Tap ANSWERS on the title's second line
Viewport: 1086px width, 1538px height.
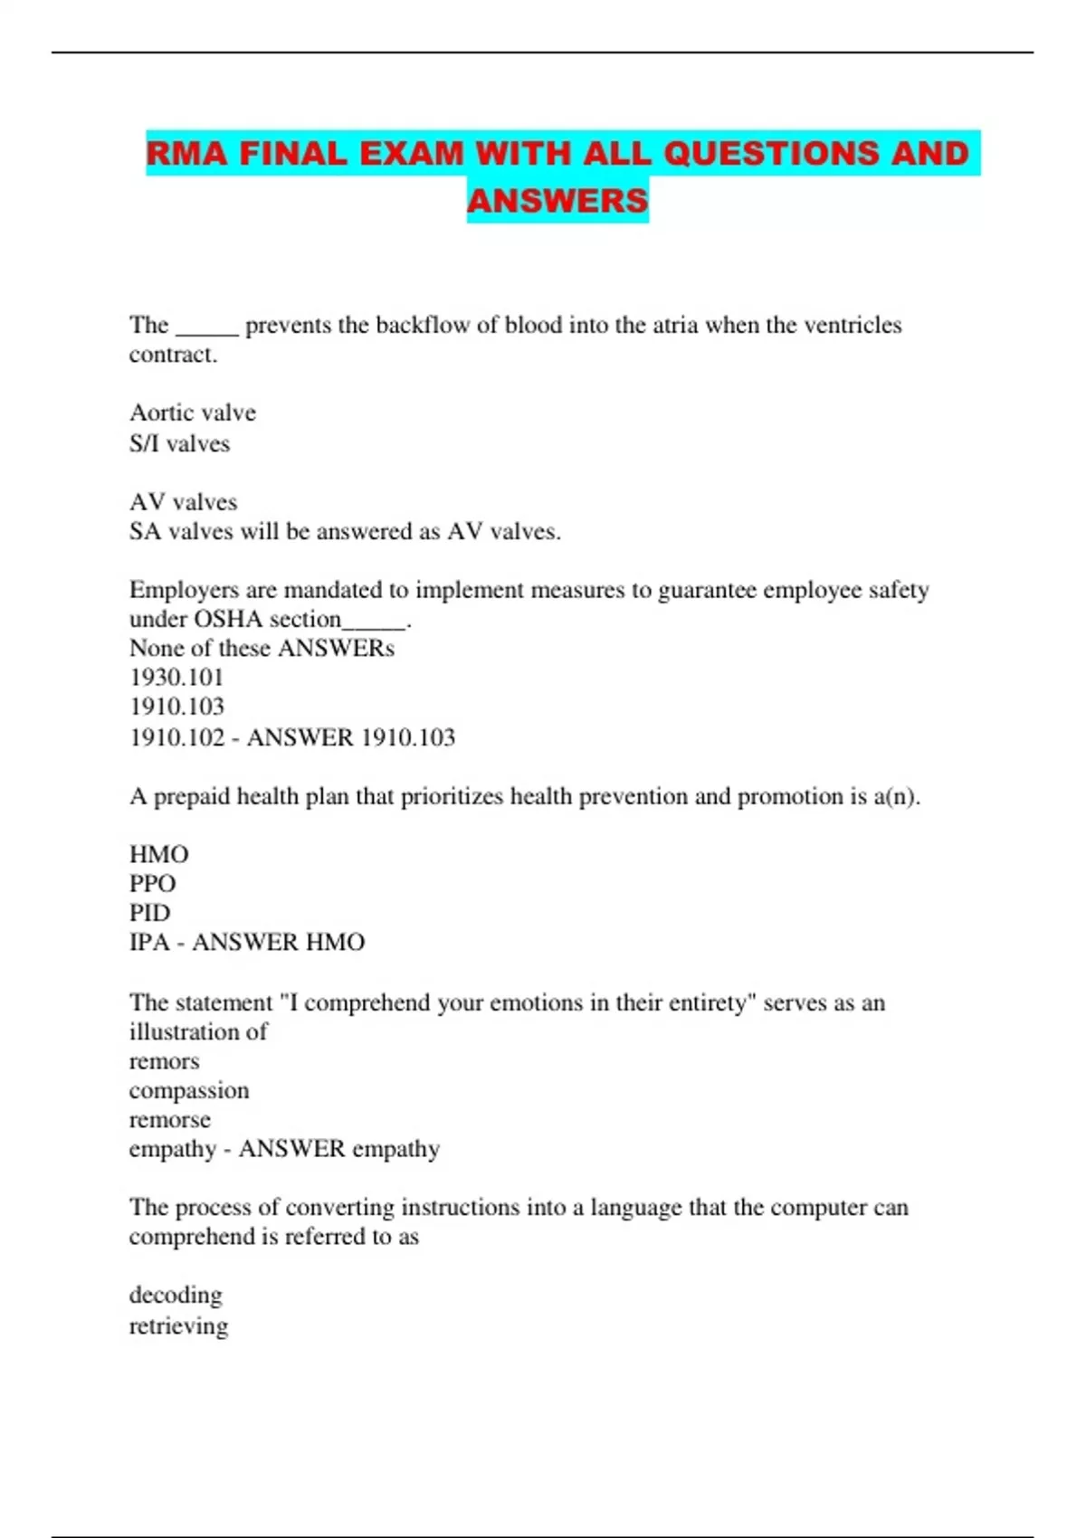[x=557, y=201]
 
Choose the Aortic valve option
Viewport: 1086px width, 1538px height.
[x=192, y=413]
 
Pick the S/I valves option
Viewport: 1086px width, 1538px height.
[x=179, y=443]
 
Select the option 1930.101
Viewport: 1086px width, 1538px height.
[x=176, y=677]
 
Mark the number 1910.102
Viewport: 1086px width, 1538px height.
[x=176, y=737]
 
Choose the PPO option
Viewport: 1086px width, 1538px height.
[x=152, y=883]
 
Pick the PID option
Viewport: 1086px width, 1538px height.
[x=149, y=912]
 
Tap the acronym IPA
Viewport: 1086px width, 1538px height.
[x=149, y=942]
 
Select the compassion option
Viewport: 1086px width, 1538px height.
[x=188, y=1090]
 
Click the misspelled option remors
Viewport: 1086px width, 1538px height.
[x=164, y=1061]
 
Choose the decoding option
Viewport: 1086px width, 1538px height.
[x=175, y=1295]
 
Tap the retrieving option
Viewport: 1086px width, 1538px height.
[x=178, y=1326]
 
